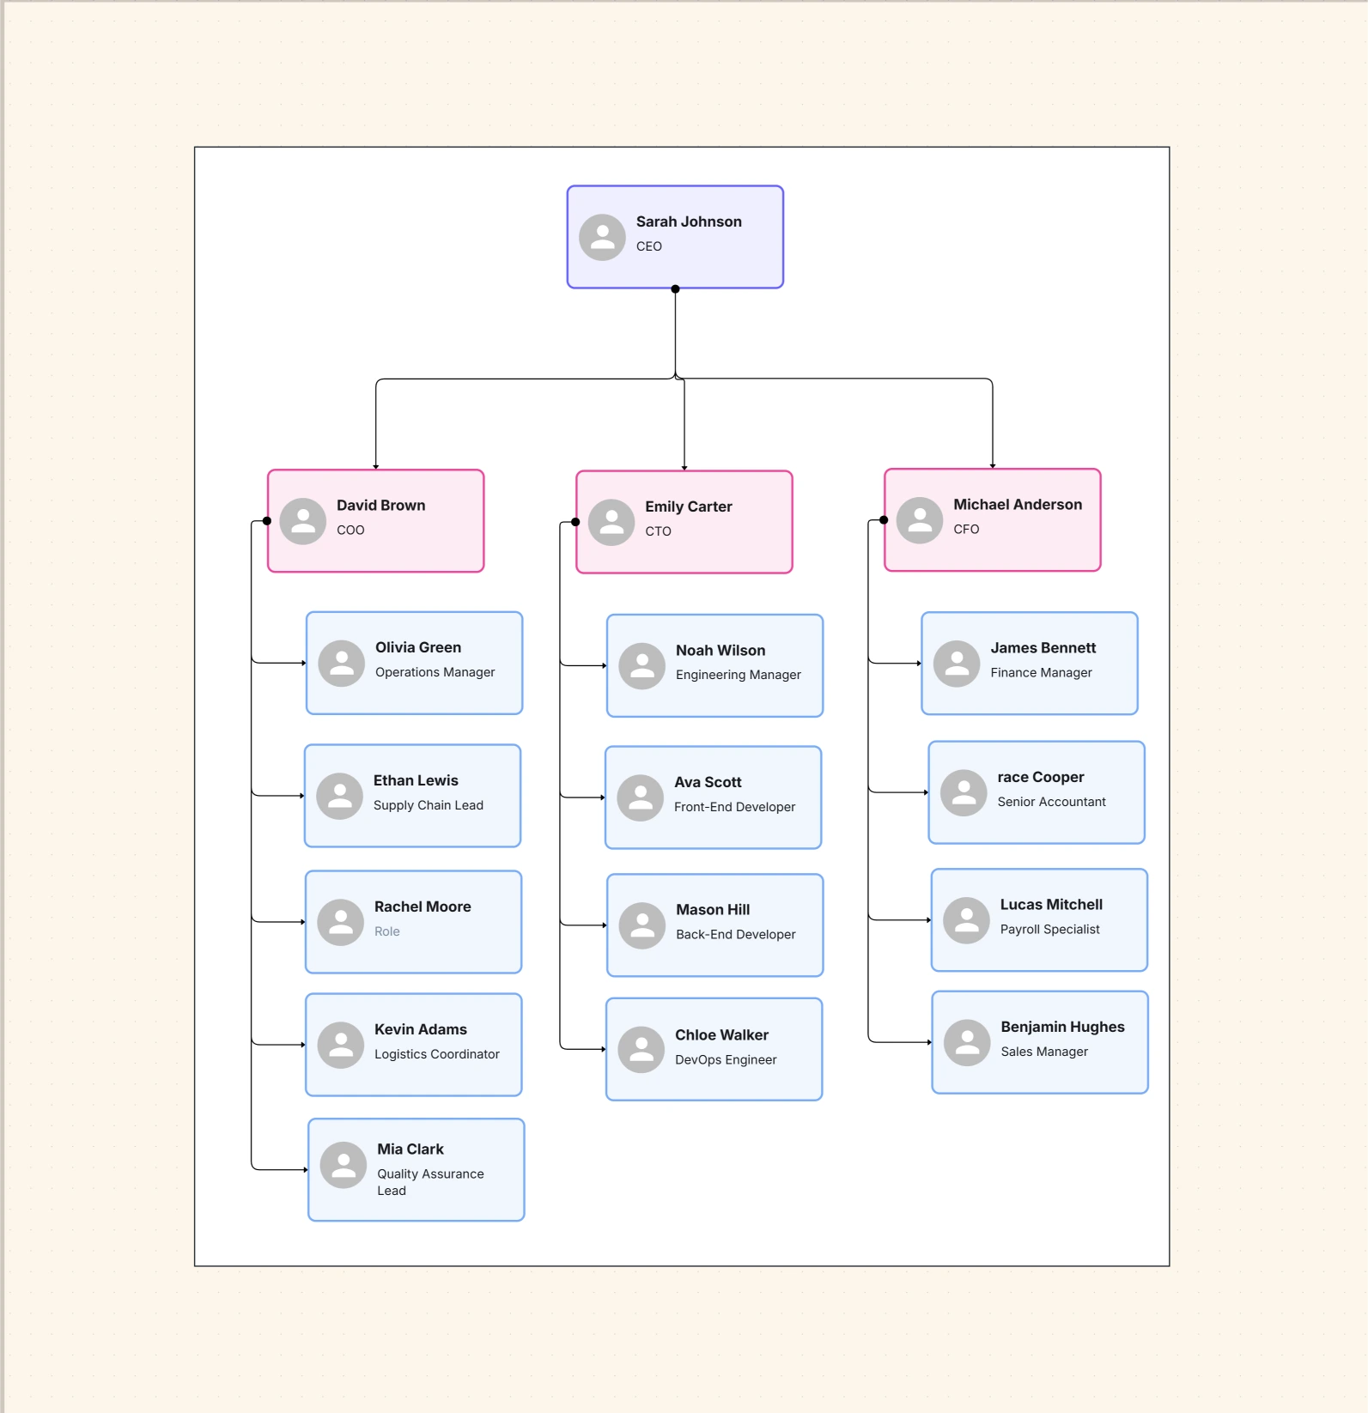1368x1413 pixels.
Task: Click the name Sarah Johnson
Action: point(688,221)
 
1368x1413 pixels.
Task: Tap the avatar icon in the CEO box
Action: point(602,238)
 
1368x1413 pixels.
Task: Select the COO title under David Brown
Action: point(350,531)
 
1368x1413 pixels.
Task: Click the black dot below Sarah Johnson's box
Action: point(675,289)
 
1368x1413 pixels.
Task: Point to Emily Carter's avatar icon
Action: point(611,523)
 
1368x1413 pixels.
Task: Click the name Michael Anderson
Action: point(1017,505)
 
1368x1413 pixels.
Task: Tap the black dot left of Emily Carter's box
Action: point(575,522)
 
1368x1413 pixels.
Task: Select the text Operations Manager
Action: point(435,672)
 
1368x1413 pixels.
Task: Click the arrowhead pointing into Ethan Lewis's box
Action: point(302,796)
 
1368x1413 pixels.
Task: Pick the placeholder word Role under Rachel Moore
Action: point(386,931)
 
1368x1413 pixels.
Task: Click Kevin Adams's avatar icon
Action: point(341,1045)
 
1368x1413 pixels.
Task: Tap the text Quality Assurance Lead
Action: point(429,1182)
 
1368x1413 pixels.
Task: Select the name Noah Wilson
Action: point(720,651)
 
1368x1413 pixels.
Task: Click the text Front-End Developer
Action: point(734,807)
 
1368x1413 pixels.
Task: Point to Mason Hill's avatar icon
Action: point(642,925)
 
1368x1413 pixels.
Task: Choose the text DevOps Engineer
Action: point(725,1060)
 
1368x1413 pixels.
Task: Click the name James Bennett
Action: point(1043,648)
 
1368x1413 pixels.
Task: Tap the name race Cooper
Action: point(1040,777)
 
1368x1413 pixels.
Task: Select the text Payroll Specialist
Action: point(1049,930)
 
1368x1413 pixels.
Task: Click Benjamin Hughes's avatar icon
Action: point(967,1043)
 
